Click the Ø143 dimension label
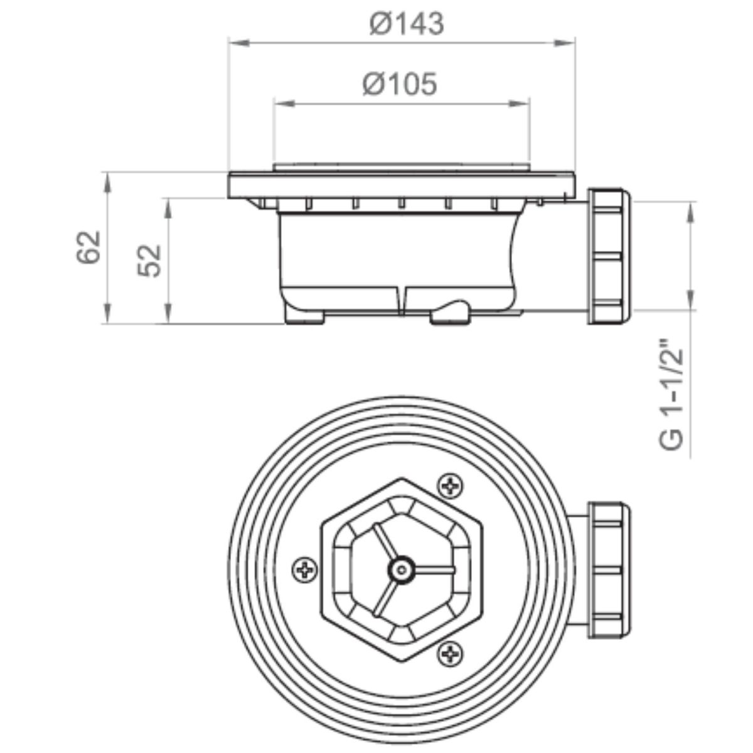407,24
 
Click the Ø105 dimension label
399,83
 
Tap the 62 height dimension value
88,247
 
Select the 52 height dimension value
150,260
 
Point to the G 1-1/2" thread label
671,398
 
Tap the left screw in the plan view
305,571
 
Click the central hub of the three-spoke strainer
402,570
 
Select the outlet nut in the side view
609,257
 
